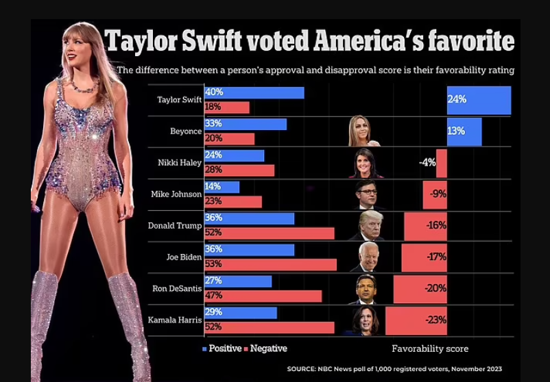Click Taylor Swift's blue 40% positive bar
coord(254,92)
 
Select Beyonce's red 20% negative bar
coord(229,139)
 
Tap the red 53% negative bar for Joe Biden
coord(270,264)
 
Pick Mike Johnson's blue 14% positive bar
coord(222,186)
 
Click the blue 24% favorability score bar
coord(479,100)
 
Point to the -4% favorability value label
coord(427,163)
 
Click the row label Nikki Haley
coord(180,162)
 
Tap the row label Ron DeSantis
coord(177,288)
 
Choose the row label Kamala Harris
coord(175,320)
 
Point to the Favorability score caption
coord(430,348)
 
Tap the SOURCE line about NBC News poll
coord(394,368)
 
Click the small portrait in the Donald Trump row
coord(370,226)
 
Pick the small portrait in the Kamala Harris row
coord(366,320)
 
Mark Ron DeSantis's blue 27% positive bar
coord(238,281)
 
